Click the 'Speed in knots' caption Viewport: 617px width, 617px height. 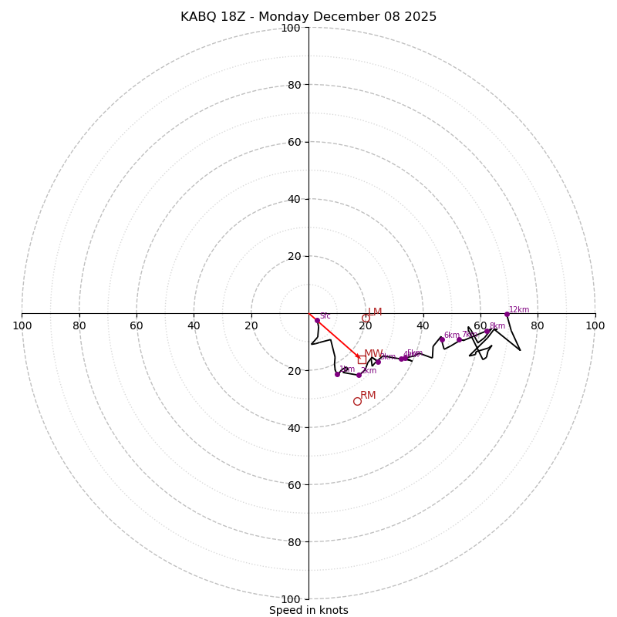point(308,610)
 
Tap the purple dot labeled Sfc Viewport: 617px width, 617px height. point(317,320)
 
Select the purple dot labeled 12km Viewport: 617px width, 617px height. point(507,314)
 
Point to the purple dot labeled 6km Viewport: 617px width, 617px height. point(442,339)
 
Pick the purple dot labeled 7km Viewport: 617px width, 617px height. point(459,339)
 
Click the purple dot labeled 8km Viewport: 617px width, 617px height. point(487,330)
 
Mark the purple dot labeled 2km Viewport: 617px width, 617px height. point(359,375)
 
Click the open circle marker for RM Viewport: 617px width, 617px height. point(357,401)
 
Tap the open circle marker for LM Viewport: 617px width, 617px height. point(366,318)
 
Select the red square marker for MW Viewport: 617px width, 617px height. point(362,359)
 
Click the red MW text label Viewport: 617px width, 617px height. point(373,353)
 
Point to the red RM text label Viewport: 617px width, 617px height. point(368,395)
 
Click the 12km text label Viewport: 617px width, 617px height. point(519,309)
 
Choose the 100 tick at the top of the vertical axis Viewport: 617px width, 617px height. point(291,28)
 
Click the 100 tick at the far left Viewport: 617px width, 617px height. point(22,325)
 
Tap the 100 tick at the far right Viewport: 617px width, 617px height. point(595,325)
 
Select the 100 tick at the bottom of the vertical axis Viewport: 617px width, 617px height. point(291,598)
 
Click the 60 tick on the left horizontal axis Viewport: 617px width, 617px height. point(137,325)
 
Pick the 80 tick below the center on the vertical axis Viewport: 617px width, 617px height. point(294,541)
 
